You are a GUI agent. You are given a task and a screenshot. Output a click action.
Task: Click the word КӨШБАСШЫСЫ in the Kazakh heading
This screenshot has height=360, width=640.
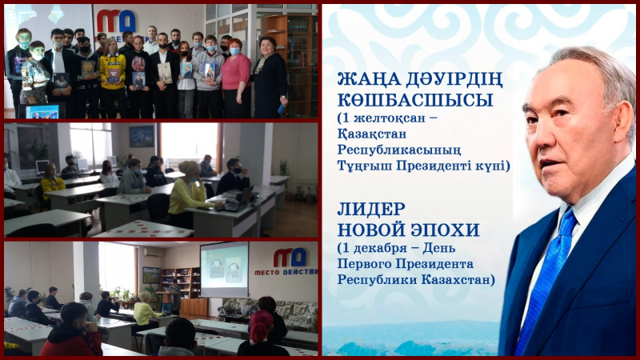pos(415,100)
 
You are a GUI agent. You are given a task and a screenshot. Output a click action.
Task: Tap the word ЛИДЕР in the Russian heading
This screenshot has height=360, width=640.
pos(371,210)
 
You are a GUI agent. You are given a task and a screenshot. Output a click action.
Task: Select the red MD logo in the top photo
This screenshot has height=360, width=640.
pos(116,21)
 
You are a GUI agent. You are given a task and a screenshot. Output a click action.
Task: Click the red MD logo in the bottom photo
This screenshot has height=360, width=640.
pos(290,257)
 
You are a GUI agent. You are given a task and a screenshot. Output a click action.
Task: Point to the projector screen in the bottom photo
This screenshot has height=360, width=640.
pos(224,270)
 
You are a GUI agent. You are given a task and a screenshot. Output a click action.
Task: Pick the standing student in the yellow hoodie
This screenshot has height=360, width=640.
pos(112,78)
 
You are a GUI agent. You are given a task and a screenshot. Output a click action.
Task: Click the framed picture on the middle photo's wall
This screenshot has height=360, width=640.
pos(142,136)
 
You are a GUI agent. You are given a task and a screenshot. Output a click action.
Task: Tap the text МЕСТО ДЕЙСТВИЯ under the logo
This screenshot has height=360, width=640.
pos(286,272)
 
